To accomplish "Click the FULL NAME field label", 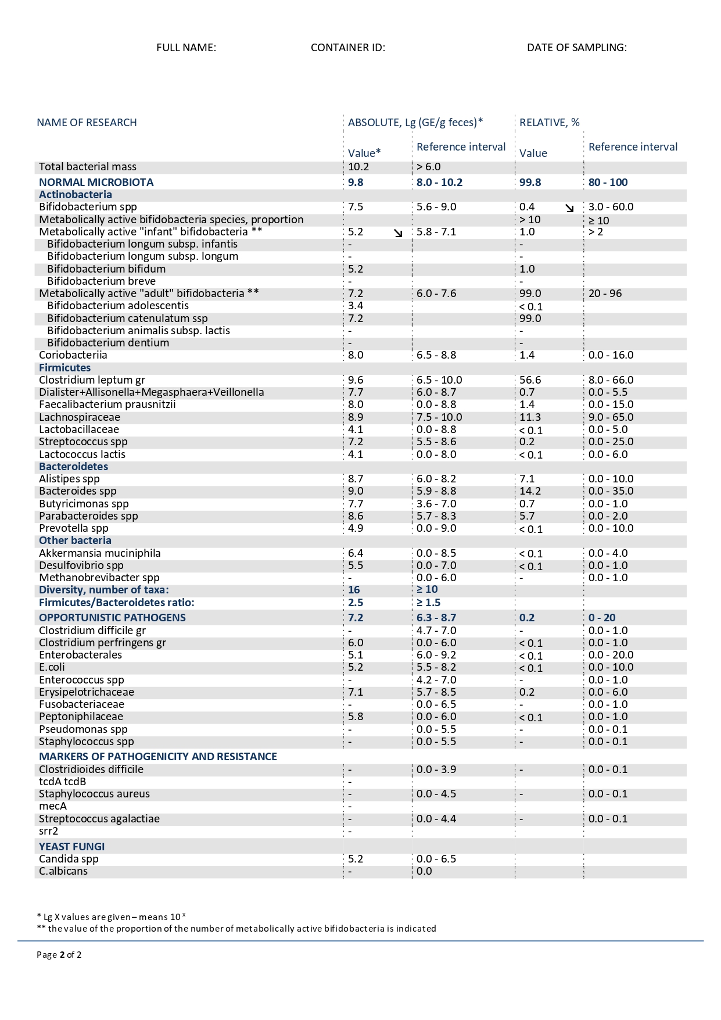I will [x=186, y=48].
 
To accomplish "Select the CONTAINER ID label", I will [x=347, y=48].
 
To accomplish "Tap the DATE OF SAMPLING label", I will [x=576, y=48].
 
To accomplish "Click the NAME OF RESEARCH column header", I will [x=87, y=123].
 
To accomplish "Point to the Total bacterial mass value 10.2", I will [x=358, y=167].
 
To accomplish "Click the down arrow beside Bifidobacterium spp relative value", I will [x=569, y=208].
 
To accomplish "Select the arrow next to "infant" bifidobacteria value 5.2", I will [x=398, y=233].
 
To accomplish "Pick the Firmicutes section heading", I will [x=64, y=368].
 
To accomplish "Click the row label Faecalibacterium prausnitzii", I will [x=107, y=405].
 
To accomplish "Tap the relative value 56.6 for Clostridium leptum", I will [x=530, y=380].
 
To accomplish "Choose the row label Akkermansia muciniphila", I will [x=99, y=553].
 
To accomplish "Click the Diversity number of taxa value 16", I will [x=354, y=590].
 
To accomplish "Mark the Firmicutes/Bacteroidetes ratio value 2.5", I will [x=355, y=603].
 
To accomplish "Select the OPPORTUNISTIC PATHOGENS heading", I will [x=112, y=618].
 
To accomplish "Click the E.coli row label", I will [x=52, y=667].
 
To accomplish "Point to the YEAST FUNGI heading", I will [x=71, y=847].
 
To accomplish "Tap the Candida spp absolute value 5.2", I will [x=355, y=859].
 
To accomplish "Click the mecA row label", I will [x=52, y=806].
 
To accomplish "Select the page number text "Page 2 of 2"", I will [x=59, y=955].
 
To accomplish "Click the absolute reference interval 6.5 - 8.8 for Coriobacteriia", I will [x=436, y=355].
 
